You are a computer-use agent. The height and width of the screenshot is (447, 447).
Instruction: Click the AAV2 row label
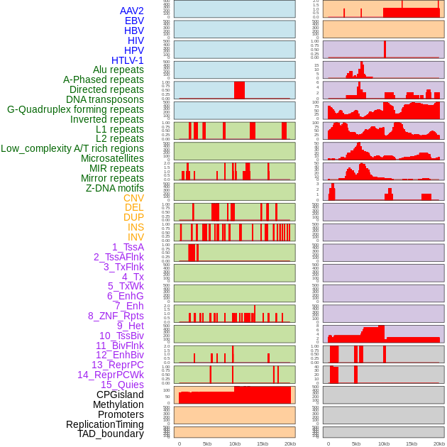coord(132,11)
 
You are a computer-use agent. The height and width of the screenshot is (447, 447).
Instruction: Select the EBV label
coord(134,21)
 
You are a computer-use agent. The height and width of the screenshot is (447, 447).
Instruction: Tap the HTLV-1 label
coord(128,60)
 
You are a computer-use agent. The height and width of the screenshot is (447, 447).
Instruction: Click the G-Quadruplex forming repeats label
coord(75,109)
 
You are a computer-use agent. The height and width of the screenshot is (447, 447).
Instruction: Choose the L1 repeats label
coord(120,129)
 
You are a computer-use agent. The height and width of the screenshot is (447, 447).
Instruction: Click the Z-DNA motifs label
coord(115,188)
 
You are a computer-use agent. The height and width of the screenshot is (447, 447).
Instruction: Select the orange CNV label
coord(133,198)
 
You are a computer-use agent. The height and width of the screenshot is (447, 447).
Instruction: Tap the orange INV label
coord(136,237)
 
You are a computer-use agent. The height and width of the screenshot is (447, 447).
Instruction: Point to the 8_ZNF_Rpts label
coord(116,316)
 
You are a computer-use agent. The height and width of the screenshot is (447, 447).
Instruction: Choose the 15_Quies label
coord(122,385)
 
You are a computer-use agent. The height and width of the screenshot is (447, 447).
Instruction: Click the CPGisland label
coord(120,394)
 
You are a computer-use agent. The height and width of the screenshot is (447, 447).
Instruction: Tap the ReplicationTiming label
coord(105,424)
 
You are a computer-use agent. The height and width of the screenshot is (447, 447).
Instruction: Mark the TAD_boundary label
coord(111,434)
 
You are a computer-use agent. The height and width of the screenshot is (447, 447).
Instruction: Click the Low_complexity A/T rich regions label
coord(72,148)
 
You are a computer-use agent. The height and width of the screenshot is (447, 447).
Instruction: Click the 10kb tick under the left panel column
coord(235,443)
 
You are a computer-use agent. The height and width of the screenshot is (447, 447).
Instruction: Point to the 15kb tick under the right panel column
coord(411,443)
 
